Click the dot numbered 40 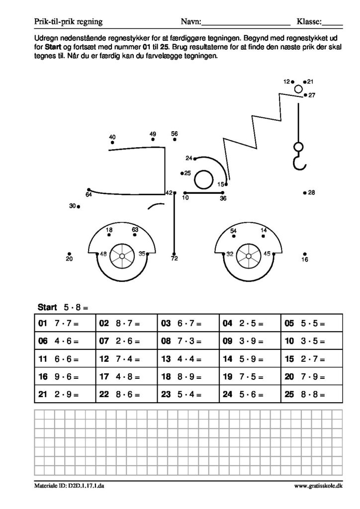click(x=112, y=142)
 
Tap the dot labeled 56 click(x=175, y=140)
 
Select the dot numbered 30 click(x=79, y=206)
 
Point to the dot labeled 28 click(x=305, y=193)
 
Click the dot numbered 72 click(x=174, y=254)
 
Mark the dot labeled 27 click(x=305, y=95)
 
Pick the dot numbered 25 click(x=182, y=173)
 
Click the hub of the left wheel click(x=122, y=256)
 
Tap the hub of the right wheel click(x=248, y=256)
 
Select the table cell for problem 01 click(x=65, y=323)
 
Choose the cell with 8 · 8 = click(x=312, y=394)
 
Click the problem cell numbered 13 click(x=188, y=359)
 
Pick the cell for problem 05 click(x=312, y=323)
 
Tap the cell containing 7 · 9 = click(x=312, y=377)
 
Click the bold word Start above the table click(x=47, y=307)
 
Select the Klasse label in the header click(x=309, y=22)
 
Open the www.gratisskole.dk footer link click(x=318, y=486)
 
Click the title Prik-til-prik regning click(x=68, y=22)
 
